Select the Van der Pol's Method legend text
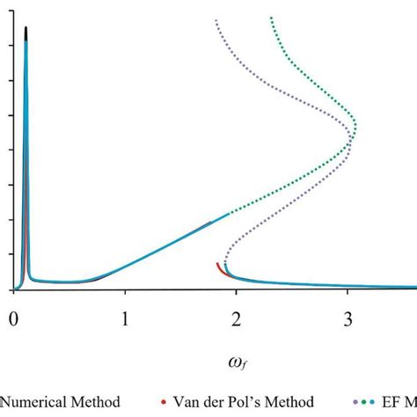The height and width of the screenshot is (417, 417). [245, 402]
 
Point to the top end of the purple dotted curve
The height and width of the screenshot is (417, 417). [216, 19]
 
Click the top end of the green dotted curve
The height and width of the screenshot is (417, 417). [270, 17]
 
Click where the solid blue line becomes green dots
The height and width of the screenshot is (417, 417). [230, 213]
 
